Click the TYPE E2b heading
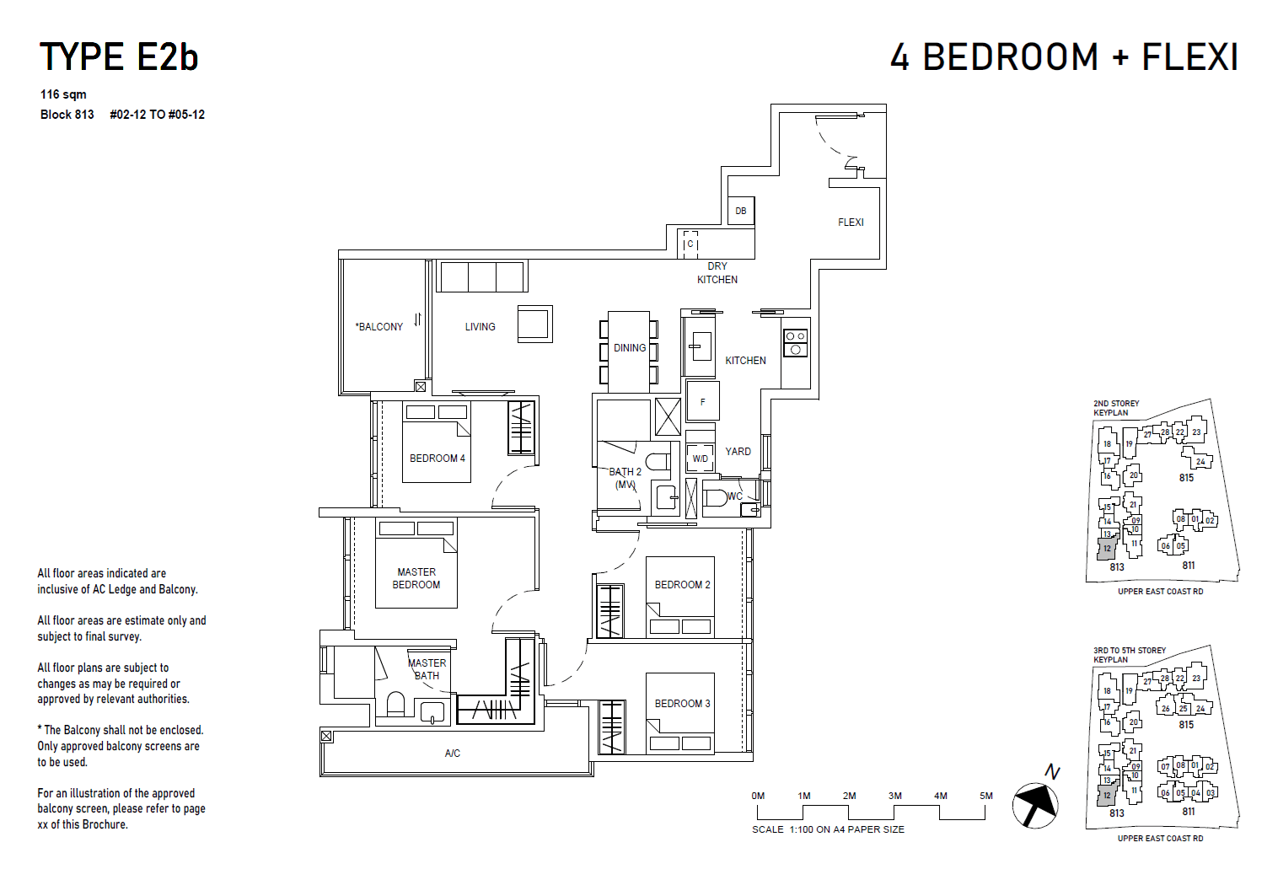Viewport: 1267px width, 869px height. [x=119, y=57]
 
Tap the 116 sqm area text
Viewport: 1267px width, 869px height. [x=63, y=94]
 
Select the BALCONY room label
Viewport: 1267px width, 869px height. [x=379, y=327]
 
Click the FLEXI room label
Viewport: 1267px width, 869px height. [x=851, y=223]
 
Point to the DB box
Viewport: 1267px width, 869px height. [x=741, y=211]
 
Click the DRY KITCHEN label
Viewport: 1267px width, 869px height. [x=717, y=273]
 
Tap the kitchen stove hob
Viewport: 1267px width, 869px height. [x=795, y=342]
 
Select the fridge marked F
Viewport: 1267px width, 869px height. [x=702, y=401]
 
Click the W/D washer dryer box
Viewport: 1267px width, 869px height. [x=700, y=459]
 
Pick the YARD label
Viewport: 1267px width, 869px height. [x=738, y=452]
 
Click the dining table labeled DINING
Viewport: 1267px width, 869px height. [x=630, y=349]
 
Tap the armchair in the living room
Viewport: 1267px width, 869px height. [x=534, y=324]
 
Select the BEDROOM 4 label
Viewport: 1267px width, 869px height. [x=437, y=459]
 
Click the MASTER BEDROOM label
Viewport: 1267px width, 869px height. [x=416, y=578]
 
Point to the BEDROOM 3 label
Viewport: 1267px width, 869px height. [x=682, y=704]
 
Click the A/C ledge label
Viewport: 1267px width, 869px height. [x=453, y=754]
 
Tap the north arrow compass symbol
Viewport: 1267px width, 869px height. [x=1036, y=804]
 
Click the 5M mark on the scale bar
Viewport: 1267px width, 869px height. [x=985, y=796]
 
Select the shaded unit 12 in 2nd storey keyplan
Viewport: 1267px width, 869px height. [x=1107, y=549]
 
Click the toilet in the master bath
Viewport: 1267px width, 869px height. [x=395, y=704]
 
